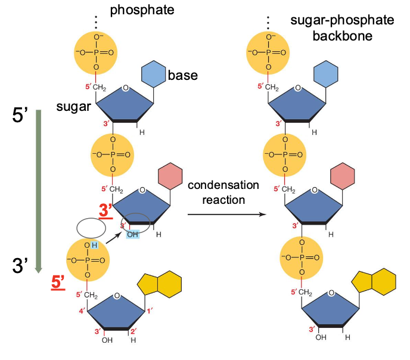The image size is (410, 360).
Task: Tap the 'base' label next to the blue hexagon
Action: (182, 76)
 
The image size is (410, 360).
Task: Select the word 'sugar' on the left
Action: (73, 107)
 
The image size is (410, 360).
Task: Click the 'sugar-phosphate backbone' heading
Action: (342, 28)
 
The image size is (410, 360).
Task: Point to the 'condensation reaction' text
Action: (223, 192)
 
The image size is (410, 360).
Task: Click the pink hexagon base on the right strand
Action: (342, 177)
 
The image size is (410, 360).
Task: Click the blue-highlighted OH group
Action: (132, 234)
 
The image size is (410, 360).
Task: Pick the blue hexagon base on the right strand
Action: (325, 74)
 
